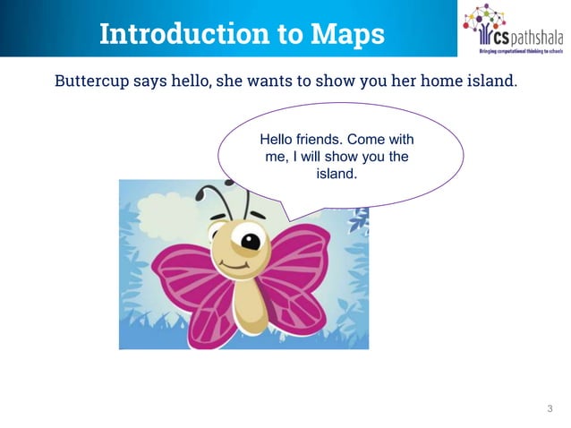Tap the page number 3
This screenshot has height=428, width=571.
(x=550, y=409)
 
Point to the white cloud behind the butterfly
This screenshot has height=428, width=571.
(x=170, y=201)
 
